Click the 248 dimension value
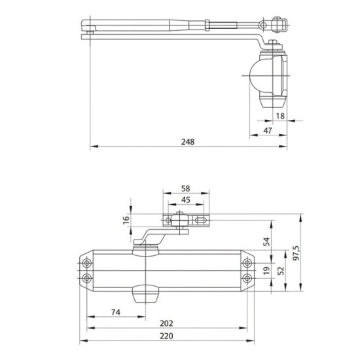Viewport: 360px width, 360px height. (x=188, y=141)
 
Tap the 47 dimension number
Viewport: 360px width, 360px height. (x=268, y=130)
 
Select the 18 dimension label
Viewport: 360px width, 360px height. (x=280, y=116)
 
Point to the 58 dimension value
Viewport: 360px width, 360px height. (x=185, y=189)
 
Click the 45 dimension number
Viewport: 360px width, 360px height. (x=185, y=200)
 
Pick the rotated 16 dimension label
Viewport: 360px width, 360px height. (x=126, y=220)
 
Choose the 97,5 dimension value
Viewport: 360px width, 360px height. (x=297, y=253)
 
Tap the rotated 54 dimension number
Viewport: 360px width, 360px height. (x=266, y=242)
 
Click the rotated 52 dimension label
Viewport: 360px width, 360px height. (x=281, y=271)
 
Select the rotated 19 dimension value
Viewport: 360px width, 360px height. (x=266, y=271)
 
